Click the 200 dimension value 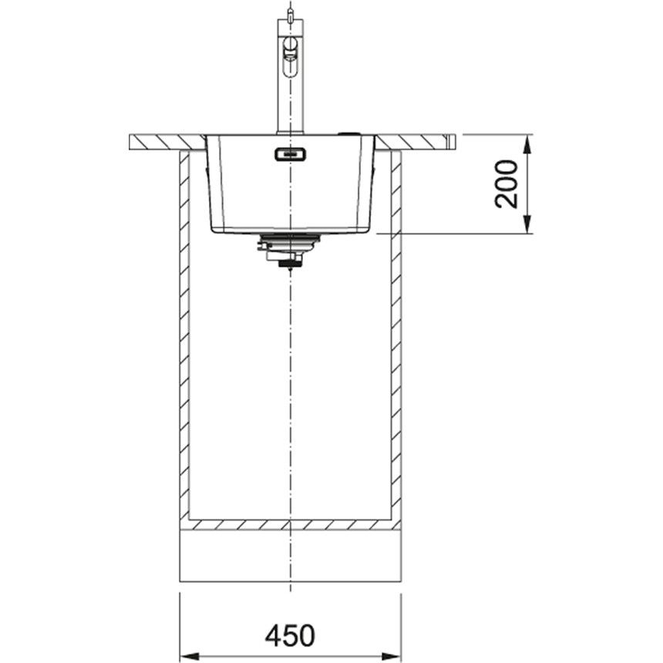tap(507, 183)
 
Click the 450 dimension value tap(290, 635)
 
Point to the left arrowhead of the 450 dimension tap(190, 657)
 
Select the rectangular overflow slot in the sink tap(291, 154)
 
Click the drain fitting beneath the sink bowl tap(288, 250)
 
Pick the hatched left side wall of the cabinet tap(185, 335)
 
